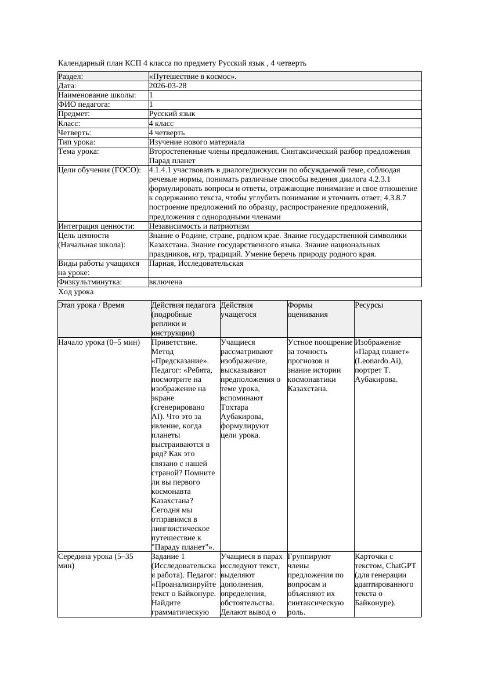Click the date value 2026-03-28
point(168,86)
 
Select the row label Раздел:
point(71,77)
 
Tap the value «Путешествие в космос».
point(193,77)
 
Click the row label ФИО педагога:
point(84,104)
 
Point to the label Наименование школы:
point(98,95)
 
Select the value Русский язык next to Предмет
point(172,114)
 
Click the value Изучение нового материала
point(197,142)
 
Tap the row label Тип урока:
point(77,142)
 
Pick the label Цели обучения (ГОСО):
point(100,170)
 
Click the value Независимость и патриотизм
point(199,226)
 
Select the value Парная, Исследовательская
point(196,263)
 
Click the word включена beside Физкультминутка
point(165,282)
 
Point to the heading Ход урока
point(75,292)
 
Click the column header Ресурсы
point(369,305)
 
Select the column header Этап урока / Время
point(91,305)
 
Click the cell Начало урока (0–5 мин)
point(99,342)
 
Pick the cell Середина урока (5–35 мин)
point(96,561)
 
